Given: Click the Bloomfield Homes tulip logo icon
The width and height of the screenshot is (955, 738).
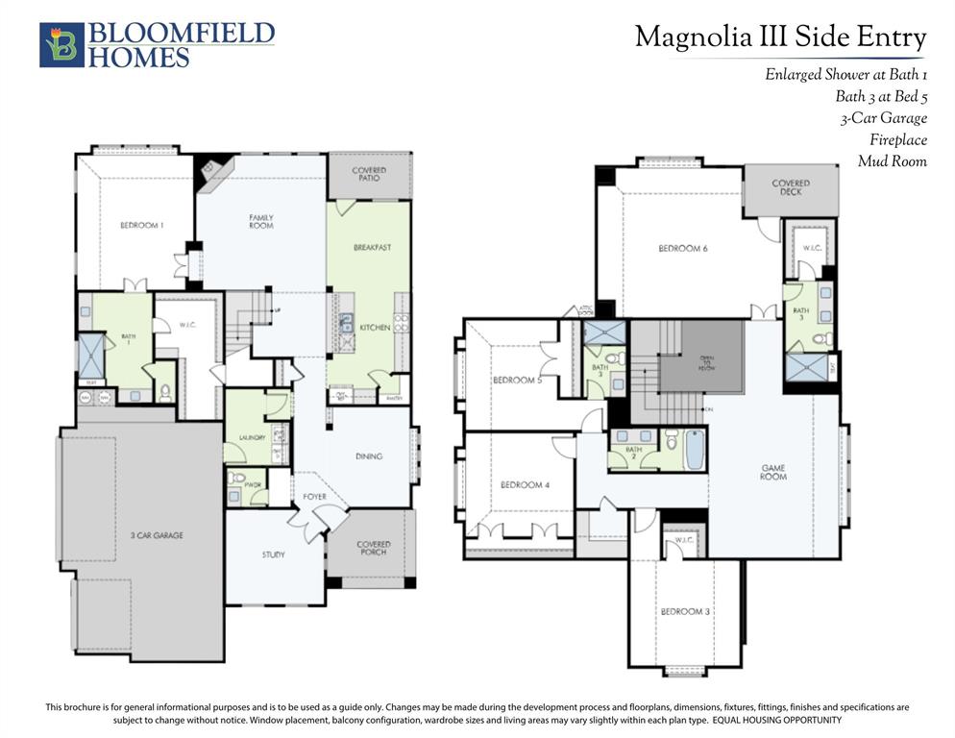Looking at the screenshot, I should pos(61,44).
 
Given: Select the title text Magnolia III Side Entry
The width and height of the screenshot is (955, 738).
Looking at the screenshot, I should pos(780,37).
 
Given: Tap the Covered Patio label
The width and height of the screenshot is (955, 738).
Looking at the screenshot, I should pos(369,174).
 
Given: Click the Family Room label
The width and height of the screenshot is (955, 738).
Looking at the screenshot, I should pos(261,221).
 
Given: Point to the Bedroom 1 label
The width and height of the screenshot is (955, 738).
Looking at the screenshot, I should pos(141,225).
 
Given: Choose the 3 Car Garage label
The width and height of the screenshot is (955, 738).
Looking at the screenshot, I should pos(157,534).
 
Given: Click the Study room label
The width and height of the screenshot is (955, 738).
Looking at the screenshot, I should pos(273,554).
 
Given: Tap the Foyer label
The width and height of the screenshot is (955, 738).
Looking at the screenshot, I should pos(314,497).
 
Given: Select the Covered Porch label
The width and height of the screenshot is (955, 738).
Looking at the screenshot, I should pos(373,548).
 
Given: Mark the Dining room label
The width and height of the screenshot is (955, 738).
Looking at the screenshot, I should pos(368,456).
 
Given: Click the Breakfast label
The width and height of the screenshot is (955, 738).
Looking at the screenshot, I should pos(372,247).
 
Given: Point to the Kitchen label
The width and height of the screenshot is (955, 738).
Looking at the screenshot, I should pos(374,328).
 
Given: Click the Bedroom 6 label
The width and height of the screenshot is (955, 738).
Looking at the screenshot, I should pos(682,249).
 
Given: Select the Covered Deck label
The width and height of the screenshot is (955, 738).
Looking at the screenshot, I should pos(790,186).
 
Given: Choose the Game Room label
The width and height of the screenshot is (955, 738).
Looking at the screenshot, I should pos(773,472).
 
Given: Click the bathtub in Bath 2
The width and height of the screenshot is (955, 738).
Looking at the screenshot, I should pos(694,449).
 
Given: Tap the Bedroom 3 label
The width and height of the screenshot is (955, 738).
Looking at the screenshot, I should pos(684,612).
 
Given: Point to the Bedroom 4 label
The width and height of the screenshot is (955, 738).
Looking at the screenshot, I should pos(525,485).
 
